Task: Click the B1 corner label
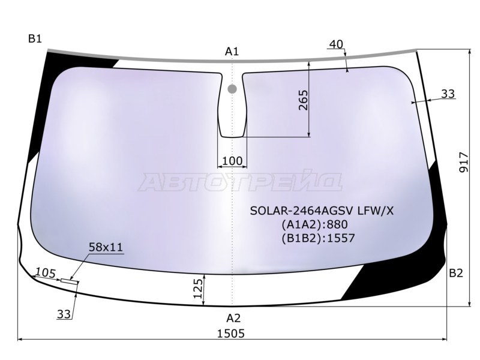(x=35, y=40)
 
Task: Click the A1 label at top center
(x=232, y=52)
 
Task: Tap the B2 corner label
(x=456, y=274)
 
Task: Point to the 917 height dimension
(x=464, y=162)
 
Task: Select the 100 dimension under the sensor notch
(x=232, y=161)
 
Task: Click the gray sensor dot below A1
(x=232, y=89)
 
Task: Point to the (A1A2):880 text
(x=314, y=224)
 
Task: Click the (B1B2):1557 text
(x=317, y=238)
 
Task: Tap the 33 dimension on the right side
(x=448, y=94)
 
